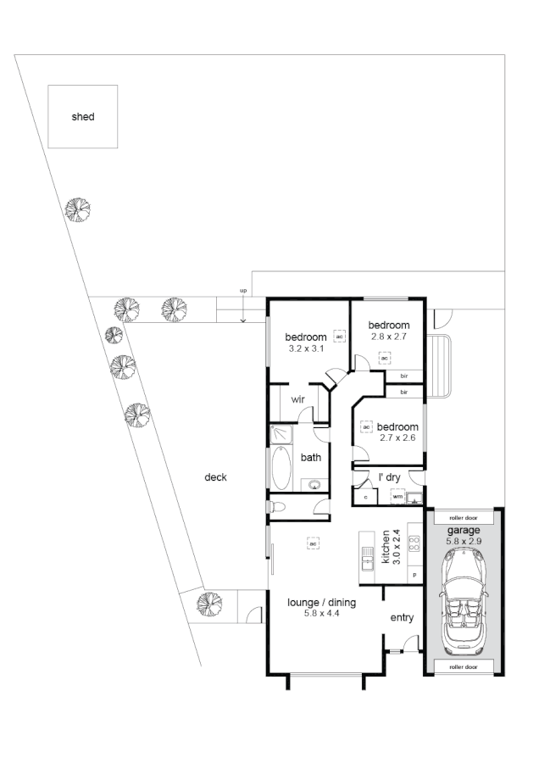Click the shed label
pyautogui.click(x=82, y=117)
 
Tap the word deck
pyautogui.click(x=215, y=477)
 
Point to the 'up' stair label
pyautogui.click(x=243, y=292)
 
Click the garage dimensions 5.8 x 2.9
pyautogui.click(x=464, y=540)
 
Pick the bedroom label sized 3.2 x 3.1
pyautogui.click(x=306, y=337)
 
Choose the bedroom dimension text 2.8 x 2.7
pyautogui.click(x=390, y=337)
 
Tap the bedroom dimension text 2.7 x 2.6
pyautogui.click(x=397, y=437)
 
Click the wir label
pyautogui.click(x=298, y=398)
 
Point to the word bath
pyautogui.click(x=311, y=458)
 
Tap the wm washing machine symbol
pyautogui.click(x=397, y=496)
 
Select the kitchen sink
pyautogui.click(x=367, y=557)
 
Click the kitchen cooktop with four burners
pyautogui.click(x=414, y=544)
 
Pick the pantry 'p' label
pyautogui.click(x=415, y=575)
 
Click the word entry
pyautogui.click(x=402, y=617)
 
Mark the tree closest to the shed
pyautogui.click(x=78, y=209)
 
